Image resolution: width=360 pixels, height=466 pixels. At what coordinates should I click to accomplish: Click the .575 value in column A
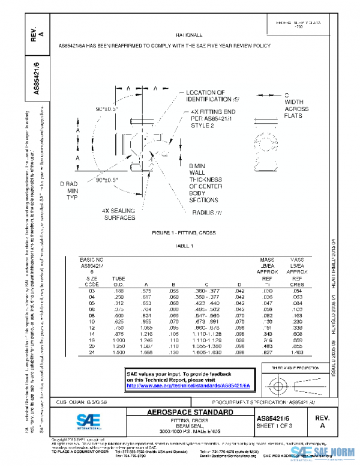pyautogui.click(x=146, y=291)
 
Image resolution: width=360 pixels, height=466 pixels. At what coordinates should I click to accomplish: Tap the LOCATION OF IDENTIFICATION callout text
pyautogui.click(x=213, y=95)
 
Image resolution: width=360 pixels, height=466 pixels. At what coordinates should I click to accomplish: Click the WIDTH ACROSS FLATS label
pyautogui.click(x=296, y=109)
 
